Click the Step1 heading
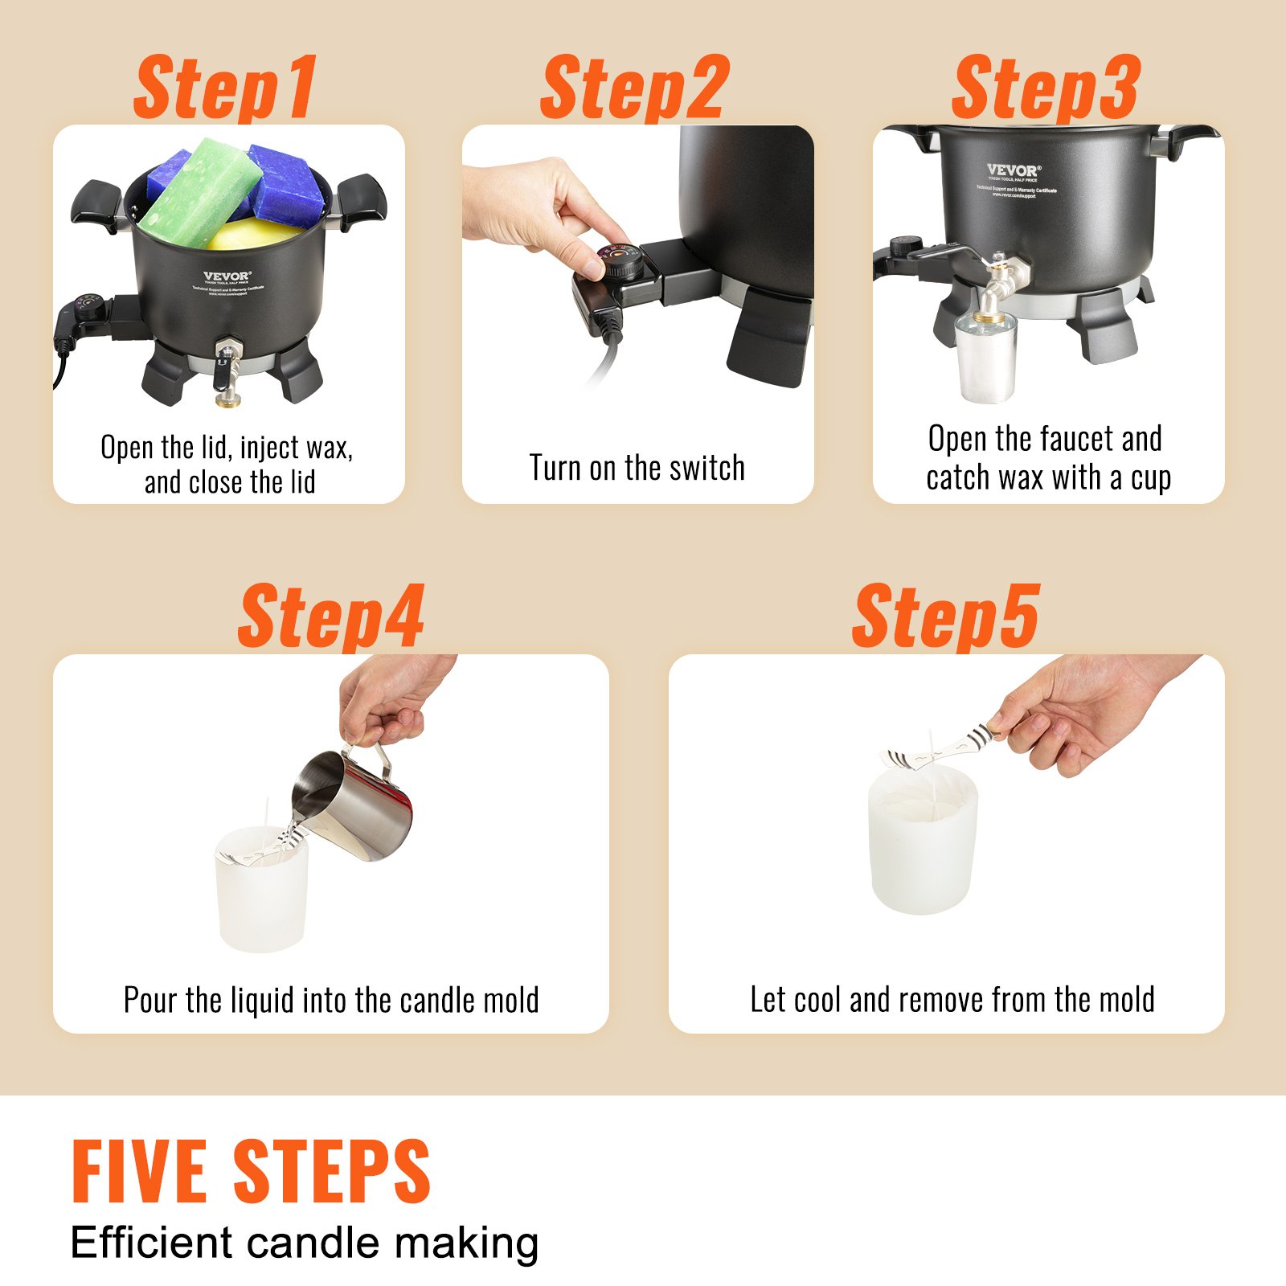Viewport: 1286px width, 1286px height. (226, 88)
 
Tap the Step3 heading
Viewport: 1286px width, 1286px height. (1046, 88)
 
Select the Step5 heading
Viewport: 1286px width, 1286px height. (946, 617)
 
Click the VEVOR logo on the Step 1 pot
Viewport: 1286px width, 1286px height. (227, 276)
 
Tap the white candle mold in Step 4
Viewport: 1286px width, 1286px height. (261, 892)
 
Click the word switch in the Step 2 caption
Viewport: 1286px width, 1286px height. (705, 468)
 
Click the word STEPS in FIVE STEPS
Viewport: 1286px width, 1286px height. (332, 1172)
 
